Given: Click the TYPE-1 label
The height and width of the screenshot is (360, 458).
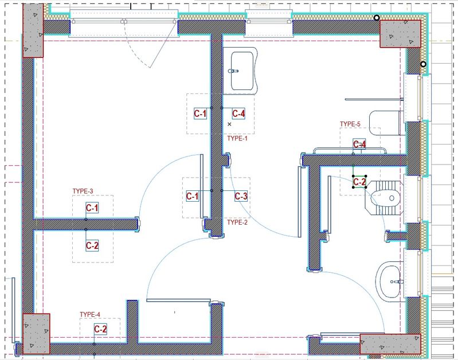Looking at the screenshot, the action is pos(237,138).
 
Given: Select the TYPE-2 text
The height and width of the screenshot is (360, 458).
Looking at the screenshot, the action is pos(237,222).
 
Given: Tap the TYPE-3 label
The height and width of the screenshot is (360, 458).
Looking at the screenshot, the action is pos(83,191).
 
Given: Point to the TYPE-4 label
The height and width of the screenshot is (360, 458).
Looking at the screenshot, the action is pos(90,314).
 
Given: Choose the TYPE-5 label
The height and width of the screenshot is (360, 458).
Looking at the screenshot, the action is pos(350,124).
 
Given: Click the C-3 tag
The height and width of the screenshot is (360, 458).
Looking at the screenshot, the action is pos(241,196).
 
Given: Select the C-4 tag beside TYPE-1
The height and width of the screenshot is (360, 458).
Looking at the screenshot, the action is pos(238,114).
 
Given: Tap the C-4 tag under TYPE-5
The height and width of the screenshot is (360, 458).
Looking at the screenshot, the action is pos(359,144).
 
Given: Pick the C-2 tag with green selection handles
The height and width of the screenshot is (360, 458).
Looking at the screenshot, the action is pos(359,182).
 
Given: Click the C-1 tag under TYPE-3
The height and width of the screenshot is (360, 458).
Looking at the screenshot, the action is pos(92,208).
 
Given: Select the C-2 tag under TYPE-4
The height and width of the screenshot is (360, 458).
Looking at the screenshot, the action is pos(100,329).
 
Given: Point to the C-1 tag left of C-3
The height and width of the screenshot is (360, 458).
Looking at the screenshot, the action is pos(192,196).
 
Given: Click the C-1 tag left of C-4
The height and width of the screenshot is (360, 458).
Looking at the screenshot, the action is pos(201,114).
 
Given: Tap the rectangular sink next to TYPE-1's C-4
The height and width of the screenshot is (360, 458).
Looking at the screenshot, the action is pos(240,71).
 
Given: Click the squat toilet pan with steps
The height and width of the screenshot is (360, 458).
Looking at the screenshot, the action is pos(384,198).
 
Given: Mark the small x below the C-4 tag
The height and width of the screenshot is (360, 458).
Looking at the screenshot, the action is pos(229,124).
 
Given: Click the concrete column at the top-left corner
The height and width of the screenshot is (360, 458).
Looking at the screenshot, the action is pos(33,30).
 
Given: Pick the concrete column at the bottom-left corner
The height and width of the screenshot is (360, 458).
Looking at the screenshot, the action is pos(36,334).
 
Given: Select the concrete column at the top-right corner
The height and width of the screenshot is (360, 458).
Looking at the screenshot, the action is pos(400,34).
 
